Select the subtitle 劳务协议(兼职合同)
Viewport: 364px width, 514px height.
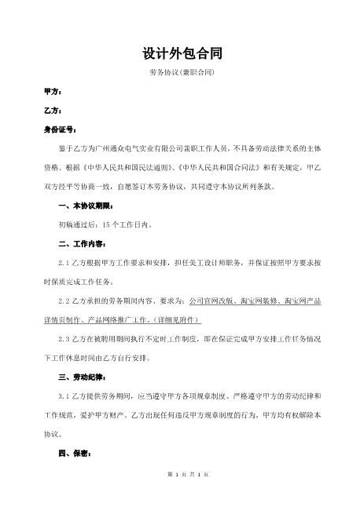182,73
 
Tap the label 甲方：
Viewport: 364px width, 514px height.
53,92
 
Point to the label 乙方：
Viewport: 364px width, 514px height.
53,111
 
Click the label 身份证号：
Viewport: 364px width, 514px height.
59,129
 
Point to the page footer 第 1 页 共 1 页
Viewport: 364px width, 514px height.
182,496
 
